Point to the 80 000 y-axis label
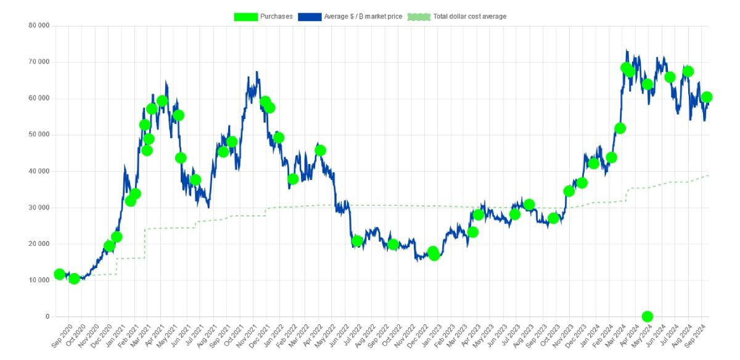pyautogui.click(x=39, y=26)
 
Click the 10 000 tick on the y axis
pyautogui.click(x=39, y=280)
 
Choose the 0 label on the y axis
pyautogui.click(x=47, y=317)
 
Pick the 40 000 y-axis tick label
pyautogui.click(x=39, y=171)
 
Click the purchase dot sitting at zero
pyautogui.click(x=647, y=316)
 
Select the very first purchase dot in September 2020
pyautogui.click(x=59, y=274)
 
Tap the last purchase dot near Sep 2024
pyautogui.click(x=707, y=97)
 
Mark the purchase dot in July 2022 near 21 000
pyautogui.click(x=356, y=241)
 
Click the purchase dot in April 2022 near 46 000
pyautogui.click(x=320, y=150)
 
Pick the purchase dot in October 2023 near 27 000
pyautogui.click(x=553, y=218)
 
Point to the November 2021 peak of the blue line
pyautogui.click(x=257, y=72)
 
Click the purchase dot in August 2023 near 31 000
pyautogui.click(x=528, y=205)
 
